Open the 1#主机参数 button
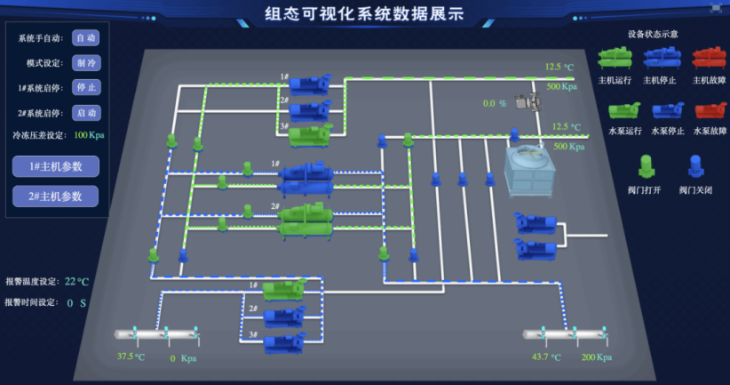coord(55,166)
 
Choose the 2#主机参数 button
coord(55,196)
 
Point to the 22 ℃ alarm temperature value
coord(77,281)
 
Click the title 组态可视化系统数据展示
coord(364,13)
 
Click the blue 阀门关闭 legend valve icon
coord(694,166)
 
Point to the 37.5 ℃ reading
coord(131,357)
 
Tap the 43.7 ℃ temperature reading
coord(544,357)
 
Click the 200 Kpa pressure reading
coord(597,357)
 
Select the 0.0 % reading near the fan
coord(495,103)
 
